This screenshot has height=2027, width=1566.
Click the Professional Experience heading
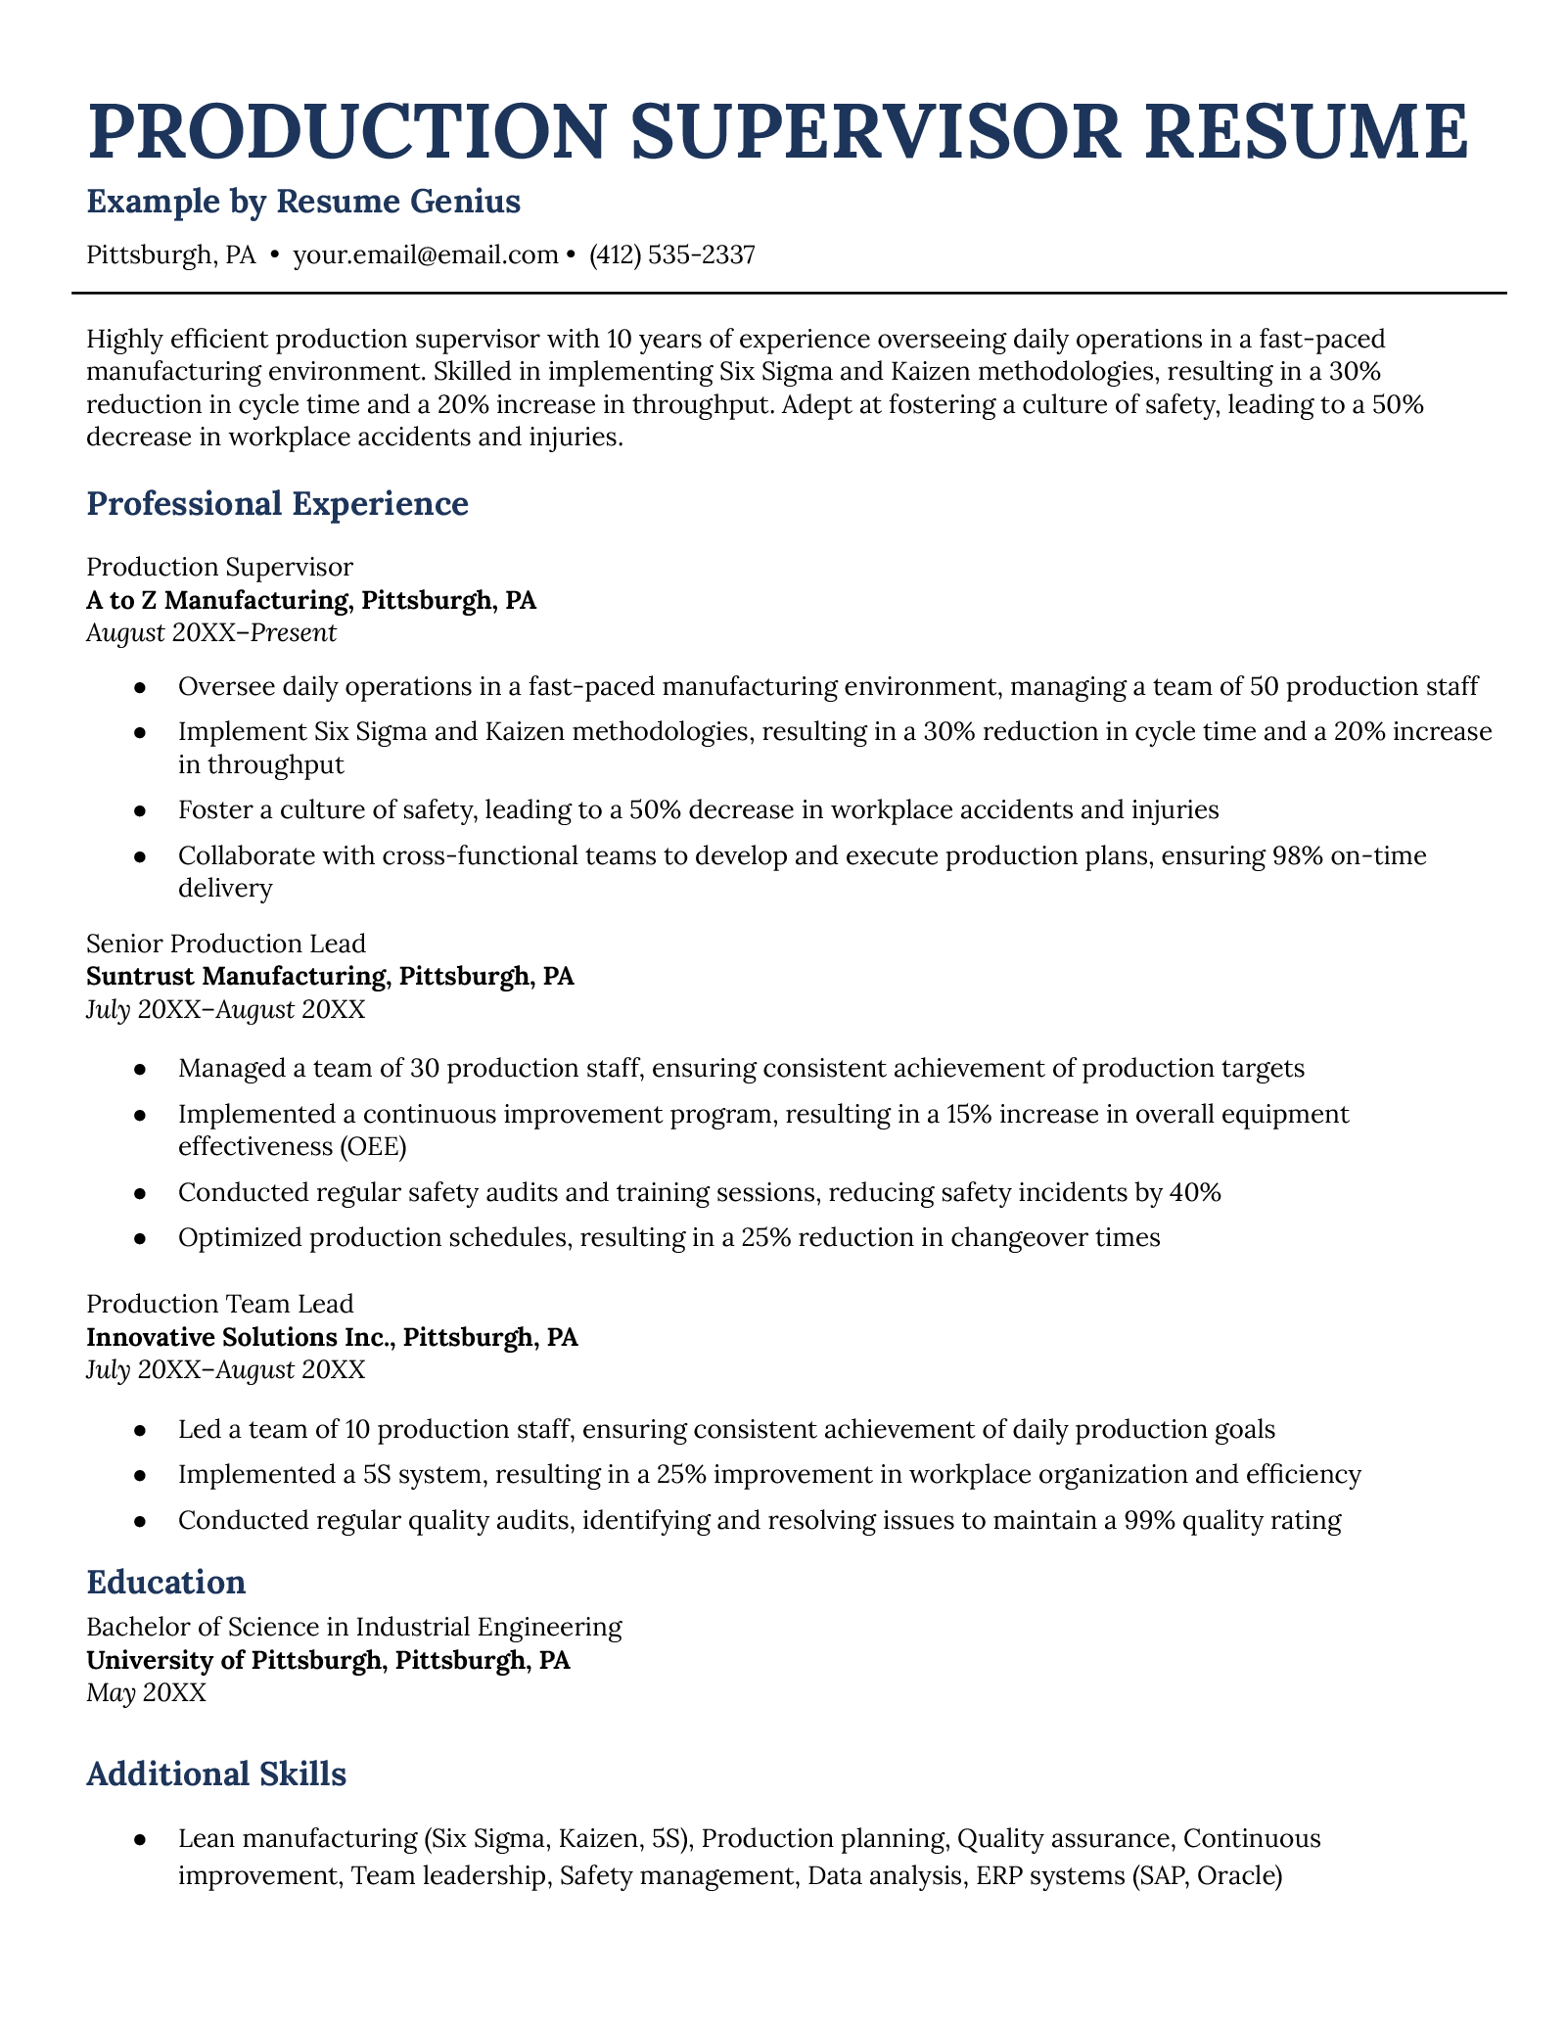(277, 504)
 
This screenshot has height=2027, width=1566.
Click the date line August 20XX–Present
(211, 632)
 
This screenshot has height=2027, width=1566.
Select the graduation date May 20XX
(147, 1693)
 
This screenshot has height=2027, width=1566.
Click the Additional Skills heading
(215, 1775)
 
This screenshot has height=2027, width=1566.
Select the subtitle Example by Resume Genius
(303, 202)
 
